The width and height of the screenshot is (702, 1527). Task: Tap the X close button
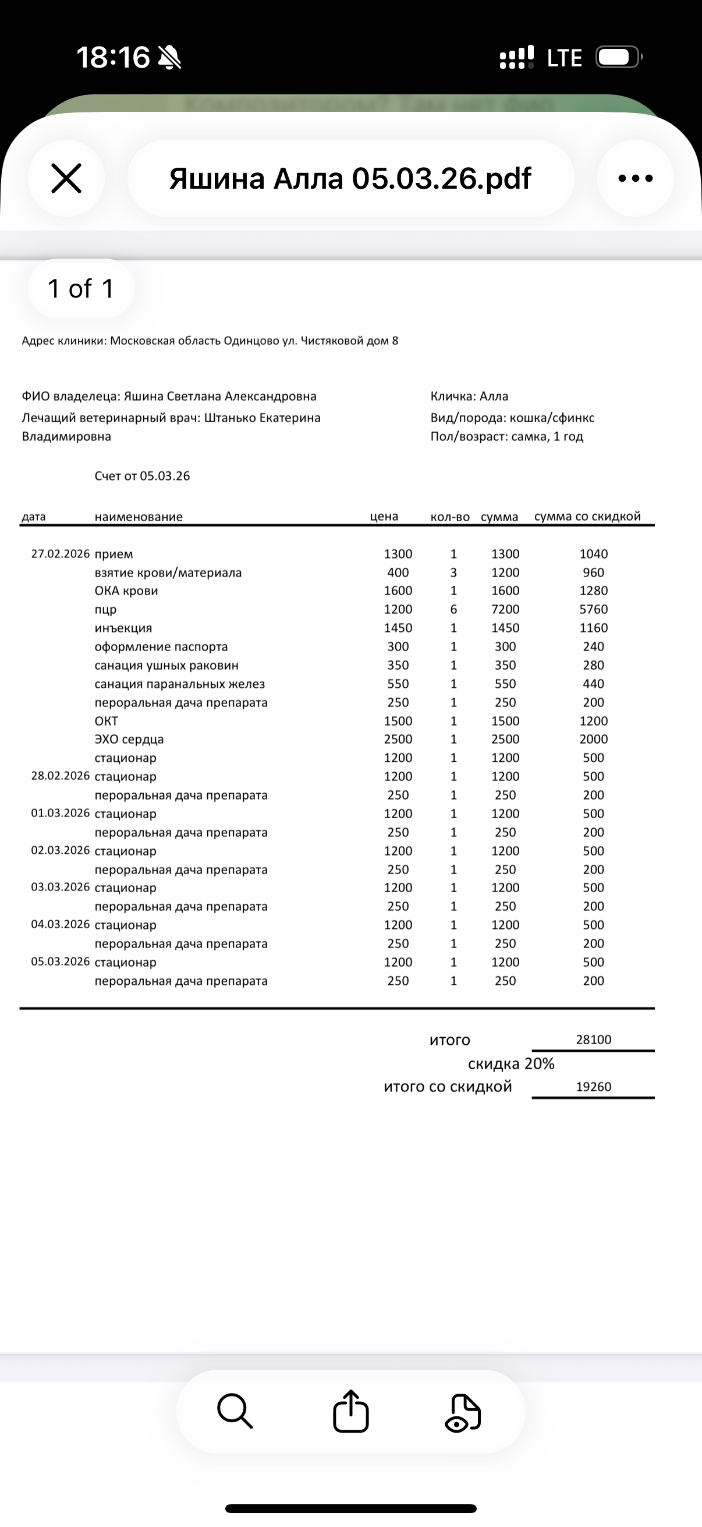tap(66, 178)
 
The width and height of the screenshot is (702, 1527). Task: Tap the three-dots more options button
tap(635, 178)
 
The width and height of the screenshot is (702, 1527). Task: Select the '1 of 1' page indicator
tap(80, 289)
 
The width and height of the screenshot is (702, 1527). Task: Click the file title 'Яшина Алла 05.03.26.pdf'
tap(350, 178)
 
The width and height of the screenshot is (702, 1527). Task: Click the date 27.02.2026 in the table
tap(61, 554)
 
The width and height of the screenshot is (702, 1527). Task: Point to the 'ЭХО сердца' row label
tap(129, 739)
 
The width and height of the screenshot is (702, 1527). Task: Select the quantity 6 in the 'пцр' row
tap(454, 609)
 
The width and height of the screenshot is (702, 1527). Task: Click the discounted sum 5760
tap(594, 609)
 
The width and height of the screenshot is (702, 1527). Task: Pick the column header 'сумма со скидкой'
tap(587, 517)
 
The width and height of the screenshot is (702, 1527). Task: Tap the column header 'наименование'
tap(139, 517)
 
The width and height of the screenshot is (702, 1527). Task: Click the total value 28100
tap(594, 1039)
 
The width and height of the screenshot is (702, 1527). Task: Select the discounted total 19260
tap(594, 1087)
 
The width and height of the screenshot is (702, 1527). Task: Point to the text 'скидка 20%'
tap(510, 1063)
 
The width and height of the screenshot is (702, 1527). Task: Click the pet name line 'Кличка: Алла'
tap(469, 396)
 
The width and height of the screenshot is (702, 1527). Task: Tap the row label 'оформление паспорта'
tap(161, 646)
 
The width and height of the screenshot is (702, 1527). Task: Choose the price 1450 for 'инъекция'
tap(398, 628)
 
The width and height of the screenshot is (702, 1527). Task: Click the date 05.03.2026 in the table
tap(61, 962)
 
